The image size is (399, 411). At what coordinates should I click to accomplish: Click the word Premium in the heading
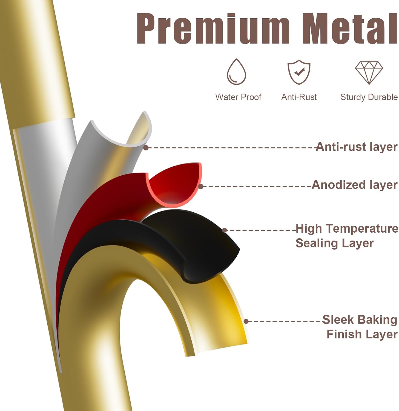coord(213,28)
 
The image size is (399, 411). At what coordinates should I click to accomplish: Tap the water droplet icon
coord(236,72)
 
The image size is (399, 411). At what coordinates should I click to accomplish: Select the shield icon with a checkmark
coord(299,72)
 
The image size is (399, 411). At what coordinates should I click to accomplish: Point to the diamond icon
coord(369,72)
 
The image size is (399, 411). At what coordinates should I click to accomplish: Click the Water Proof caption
coord(238,97)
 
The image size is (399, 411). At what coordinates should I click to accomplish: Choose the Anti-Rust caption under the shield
coord(299,97)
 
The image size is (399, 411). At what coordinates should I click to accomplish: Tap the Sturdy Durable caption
coord(369,97)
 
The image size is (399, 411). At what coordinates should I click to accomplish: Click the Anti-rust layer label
coord(357,147)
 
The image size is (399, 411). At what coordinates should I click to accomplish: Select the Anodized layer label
coord(354,185)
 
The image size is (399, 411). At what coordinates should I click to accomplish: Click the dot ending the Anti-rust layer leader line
coord(146,148)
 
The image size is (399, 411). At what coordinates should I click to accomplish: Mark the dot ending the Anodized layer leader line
coord(201,187)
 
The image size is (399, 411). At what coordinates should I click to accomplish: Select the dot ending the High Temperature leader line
coord(225,230)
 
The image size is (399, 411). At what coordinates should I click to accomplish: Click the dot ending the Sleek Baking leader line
coord(246,321)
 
